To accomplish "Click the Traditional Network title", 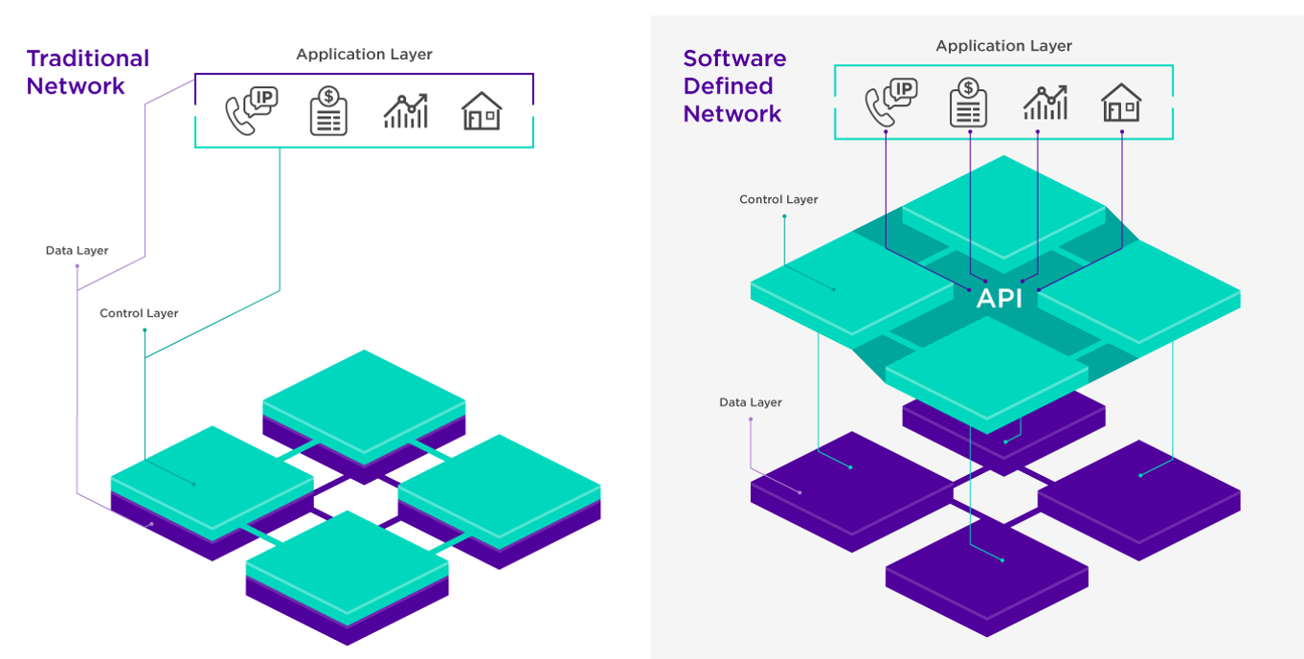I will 88,72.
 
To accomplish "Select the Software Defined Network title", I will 734,86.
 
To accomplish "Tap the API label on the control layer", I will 999,299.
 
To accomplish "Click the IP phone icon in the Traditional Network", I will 250,111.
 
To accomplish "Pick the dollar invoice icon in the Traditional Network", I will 328,111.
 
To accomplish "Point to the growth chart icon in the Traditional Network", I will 406,111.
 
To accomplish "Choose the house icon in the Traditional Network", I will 482,111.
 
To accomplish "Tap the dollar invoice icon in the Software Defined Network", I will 968,102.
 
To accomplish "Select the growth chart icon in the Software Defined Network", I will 1045,102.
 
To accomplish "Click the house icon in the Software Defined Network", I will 1121,102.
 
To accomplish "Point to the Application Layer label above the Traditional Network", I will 364,55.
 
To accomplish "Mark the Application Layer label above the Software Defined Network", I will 1003,46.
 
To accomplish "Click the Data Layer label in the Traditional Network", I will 77,251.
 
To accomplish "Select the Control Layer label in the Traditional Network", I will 139,313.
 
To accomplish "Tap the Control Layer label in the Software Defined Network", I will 778,200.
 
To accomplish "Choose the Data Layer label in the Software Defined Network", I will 751,402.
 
